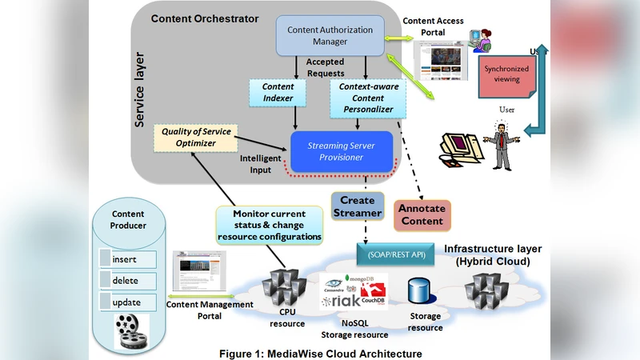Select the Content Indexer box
click(278, 92)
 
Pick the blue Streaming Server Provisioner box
click(342, 151)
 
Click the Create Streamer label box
click(357, 206)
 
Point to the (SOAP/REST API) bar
click(396, 254)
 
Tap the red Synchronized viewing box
click(506, 74)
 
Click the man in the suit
click(502, 144)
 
